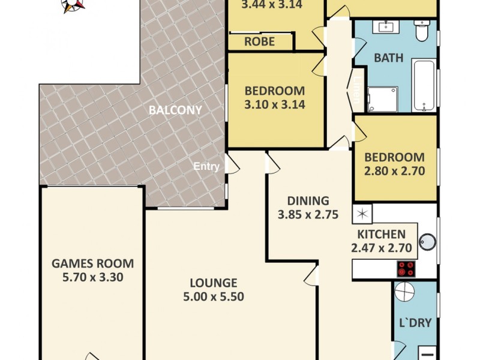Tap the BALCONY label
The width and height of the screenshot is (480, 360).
pyautogui.click(x=175, y=110)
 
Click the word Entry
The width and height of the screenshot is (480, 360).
pyautogui.click(x=206, y=167)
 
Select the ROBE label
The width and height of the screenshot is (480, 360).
pyautogui.click(x=260, y=41)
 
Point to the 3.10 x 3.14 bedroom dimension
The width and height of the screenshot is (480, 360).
pyautogui.click(x=275, y=104)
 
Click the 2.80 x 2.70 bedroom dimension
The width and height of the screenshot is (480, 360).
pyautogui.click(x=394, y=170)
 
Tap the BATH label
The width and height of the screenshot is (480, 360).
pyautogui.click(x=388, y=59)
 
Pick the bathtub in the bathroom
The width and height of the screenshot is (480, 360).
pyautogui.click(x=424, y=84)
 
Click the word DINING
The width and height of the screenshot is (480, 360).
pyautogui.click(x=308, y=201)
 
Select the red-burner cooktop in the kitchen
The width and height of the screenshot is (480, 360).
pyautogui.click(x=406, y=269)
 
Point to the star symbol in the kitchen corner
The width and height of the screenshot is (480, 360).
pyautogui.click(x=362, y=213)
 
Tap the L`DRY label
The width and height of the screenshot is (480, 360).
pyautogui.click(x=415, y=323)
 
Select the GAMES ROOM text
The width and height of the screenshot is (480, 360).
pyautogui.click(x=92, y=263)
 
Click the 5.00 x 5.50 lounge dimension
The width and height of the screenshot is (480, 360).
pyautogui.click(x=214, y=296)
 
